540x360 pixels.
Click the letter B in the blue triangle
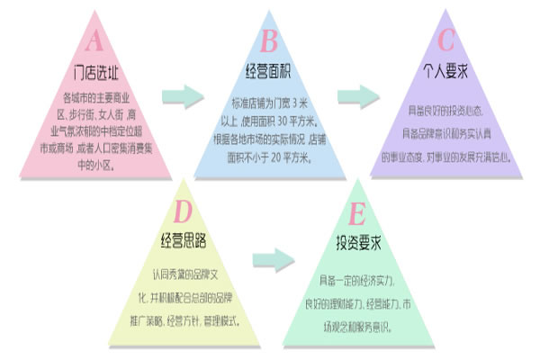pos(269,40)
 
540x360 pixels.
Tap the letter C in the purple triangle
pos(445,40)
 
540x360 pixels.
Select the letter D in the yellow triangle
pos(183,212)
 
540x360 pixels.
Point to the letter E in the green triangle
pos(357,212)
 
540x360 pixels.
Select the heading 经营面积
pos(269,70)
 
